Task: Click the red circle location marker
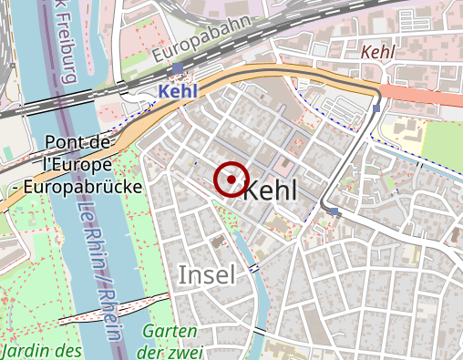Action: [x=231, y=180]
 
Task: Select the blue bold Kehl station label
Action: [x=177, y=92]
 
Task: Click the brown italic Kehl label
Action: [x=377, y=53]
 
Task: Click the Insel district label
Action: [x=206, y=274]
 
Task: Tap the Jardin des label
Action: [x=42, y=349]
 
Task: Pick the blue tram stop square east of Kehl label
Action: [x=335, y=211]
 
